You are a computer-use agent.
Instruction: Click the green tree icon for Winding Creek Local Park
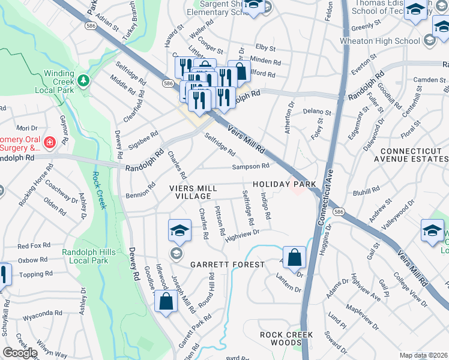[85, 80]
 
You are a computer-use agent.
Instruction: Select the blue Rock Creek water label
[98, 190]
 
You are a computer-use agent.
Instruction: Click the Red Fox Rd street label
[32, 246]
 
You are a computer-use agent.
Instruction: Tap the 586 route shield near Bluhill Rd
[339, 212]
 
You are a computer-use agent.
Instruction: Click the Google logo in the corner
[20, 353]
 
